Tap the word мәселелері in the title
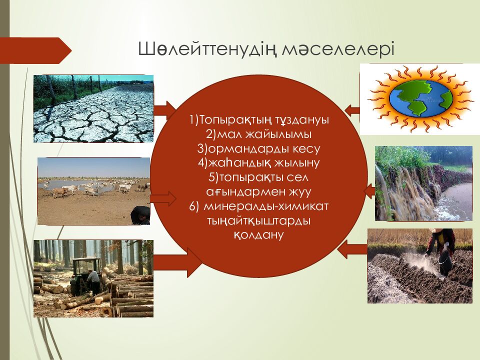pyautogui.click(x=337, y=49)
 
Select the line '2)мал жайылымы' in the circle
pyautogui.click(x=258, y=134)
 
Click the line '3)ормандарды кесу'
pyautogui.click(x=258, y=148)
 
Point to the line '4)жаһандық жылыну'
pyautogui.click(x=258, y=162)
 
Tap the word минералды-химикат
pyautogui.click(x=265, y=206)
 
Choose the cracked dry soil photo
pyautogui.click(x=93, y=108)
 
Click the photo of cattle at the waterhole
pyautogui.click(x=93, y=191)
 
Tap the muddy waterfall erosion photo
pyautogui.click(x=423, y=183)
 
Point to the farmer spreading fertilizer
pyautogui.click(x=440, y=251)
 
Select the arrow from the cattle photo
pyautogui.click(x=163, y=198)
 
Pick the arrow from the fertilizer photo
pyautogui.click(x=352, y=249)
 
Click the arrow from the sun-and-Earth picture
pyautogui.click(x=352, y=109)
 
